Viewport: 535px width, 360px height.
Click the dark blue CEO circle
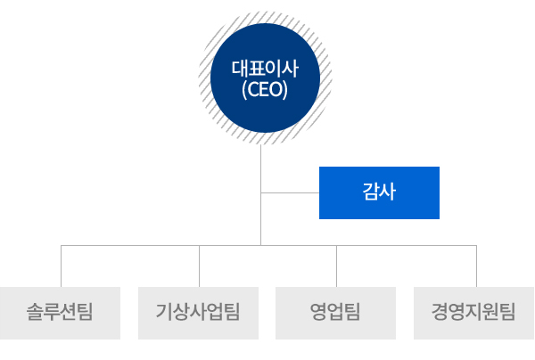[x=265, y=78]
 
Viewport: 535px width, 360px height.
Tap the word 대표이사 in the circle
[x=265, y=69]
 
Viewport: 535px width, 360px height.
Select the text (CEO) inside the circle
[x=265, y=90]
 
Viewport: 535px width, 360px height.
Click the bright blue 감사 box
[x=379, y=192]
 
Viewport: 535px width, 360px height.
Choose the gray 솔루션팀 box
[x=60, y=313]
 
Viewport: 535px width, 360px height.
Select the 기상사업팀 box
[x=198, y=313]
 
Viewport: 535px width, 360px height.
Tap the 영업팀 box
[x=335, y=313]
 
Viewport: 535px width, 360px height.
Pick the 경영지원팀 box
[x=474, y=313]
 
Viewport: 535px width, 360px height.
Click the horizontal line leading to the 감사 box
[x=290, y=192]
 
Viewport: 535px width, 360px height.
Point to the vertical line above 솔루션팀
[x=61, y=266]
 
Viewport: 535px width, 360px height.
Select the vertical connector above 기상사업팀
[x=199, y=266]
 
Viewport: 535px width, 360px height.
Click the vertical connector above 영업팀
[x=336, y=266]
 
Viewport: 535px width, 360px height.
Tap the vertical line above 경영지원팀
[x=476, y=266]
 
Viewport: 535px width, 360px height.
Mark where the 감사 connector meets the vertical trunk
[x=261, y=192]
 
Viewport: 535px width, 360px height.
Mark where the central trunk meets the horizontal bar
[x=261, y=245]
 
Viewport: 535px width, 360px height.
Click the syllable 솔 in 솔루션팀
[x=35, y=312]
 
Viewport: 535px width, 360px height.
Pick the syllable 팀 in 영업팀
[x=352, y=312]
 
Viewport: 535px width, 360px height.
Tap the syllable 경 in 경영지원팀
[x=440, y=312]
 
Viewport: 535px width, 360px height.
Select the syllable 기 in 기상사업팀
[x=164, y=312]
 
